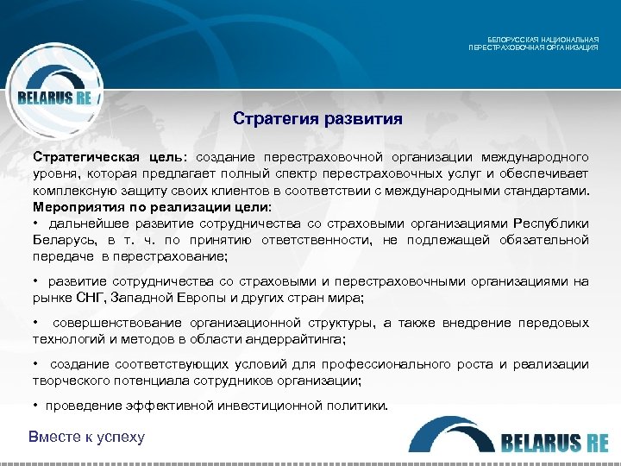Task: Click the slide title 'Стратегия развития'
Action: pyautogui.click(x=317, y=117)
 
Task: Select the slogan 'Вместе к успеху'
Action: pyautogui.click(x=86, y=437)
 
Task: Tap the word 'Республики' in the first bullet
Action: pyautogui.click(x=549, y=224)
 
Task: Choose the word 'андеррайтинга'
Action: pyautogui.click(x=286, y=339)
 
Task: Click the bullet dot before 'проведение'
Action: pyautogui.click(x=36, y=406)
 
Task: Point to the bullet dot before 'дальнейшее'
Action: pyautogui.click(x=36, y=224)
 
